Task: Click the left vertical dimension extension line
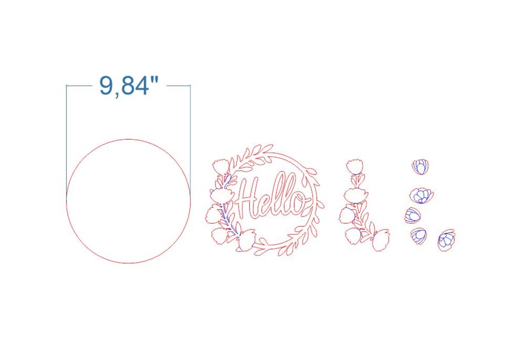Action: tap(67, 136)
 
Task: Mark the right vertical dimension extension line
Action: tap(190, 136)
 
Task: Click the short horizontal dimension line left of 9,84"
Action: tap(79, 85)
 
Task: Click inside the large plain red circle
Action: tap(129, 201)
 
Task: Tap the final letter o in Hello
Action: tap(296, 204)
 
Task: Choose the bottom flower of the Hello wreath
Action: tap(247, 240)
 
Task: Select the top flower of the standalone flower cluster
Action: tap(354, 166)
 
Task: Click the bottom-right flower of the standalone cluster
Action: tap(380, 240)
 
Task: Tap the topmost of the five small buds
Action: tap(420, 166)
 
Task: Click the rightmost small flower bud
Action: tap(446, 240)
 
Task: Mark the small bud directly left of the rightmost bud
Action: tap(419, 235)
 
